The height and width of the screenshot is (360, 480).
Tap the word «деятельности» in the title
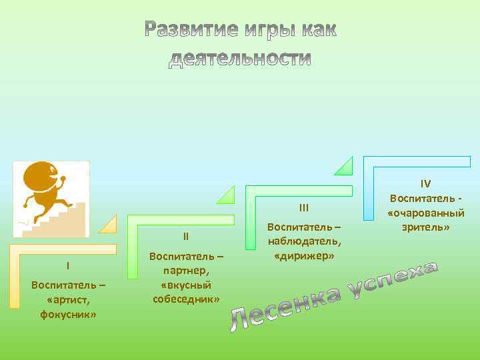pos(240,59)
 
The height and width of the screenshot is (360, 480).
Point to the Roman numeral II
pos(186,236)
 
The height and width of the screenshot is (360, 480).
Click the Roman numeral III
pos(303,207)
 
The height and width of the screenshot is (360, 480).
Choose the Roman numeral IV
pos(425,183)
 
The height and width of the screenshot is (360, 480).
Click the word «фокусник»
pos(67,313)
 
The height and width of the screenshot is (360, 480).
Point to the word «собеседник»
pos(186,299)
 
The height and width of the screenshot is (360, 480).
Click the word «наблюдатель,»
pos(304,241)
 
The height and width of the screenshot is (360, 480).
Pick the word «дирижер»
pos(304,255)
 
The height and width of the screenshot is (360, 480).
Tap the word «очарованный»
pos(425,213)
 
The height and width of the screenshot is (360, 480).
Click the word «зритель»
pos(425,227)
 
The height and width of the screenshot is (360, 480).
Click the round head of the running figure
pos(42,178)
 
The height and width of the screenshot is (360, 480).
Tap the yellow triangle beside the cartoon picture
pos(107,225)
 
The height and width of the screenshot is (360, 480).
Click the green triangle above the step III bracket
pos(227,194)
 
